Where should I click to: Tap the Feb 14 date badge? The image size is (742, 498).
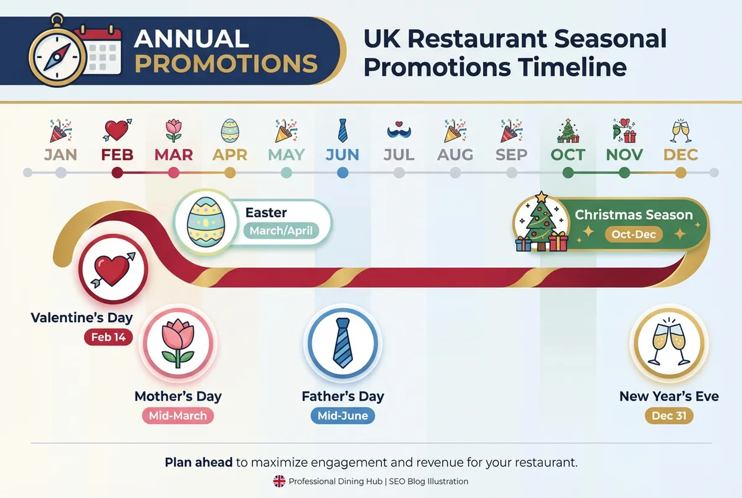coord(108,337)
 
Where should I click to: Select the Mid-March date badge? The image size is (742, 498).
coord(178,416)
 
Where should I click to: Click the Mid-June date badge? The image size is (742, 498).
coord(343,416)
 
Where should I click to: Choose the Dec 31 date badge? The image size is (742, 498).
coord(669,416)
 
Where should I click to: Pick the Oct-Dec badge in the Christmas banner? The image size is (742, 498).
coord(634,234)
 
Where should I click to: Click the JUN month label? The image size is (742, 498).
coord(343,154)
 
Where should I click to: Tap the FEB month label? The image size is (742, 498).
coord(117,154)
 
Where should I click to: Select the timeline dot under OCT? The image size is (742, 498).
coord(568,173)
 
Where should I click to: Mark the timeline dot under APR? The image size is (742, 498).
coord(230,173)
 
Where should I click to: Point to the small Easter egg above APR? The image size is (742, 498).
coord(230,131)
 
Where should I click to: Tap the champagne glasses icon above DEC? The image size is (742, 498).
coord(681,131)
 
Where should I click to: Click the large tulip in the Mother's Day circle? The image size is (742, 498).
coord(178,342)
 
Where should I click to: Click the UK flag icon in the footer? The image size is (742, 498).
coord(279,481)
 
